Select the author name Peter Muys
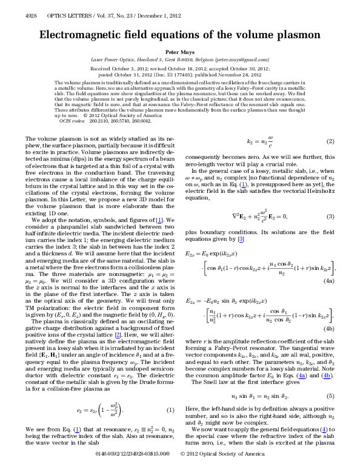[179, 53]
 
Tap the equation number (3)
[330, 217]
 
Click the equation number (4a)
[329, 282]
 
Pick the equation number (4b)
[329, 328]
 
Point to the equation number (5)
[330, 379]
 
